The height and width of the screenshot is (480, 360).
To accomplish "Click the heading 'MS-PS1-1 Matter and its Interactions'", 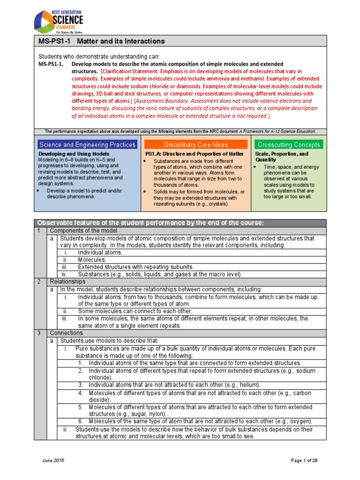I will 101,41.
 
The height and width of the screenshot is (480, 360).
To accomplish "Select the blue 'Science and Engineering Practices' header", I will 87,145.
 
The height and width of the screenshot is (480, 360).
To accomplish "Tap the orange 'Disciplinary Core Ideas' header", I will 195,145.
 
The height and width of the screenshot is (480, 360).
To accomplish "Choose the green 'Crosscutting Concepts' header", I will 289,145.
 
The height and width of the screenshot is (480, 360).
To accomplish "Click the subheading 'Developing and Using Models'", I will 74,154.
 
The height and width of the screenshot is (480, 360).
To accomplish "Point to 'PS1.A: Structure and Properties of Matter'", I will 194,154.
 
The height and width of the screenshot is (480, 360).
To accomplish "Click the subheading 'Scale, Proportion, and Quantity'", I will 281,157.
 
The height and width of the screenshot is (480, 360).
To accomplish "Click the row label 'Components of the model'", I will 83,231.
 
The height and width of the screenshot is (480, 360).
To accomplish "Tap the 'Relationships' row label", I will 67,282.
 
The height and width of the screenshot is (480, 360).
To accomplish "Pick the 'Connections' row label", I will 66,333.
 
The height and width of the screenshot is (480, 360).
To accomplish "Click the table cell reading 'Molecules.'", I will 92,259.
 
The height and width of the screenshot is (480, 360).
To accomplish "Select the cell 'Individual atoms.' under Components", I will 100,252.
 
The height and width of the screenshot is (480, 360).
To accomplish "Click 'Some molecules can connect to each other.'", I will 135,311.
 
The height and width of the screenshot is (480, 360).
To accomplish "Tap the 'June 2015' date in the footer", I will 52,461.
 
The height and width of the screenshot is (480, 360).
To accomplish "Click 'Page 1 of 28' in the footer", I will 304,461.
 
